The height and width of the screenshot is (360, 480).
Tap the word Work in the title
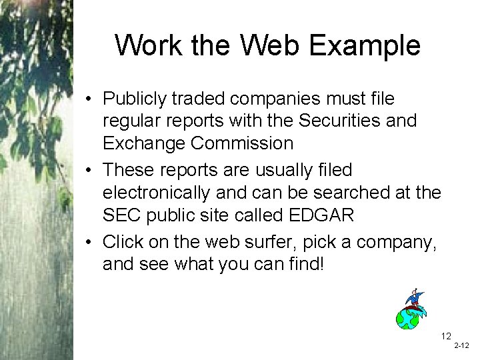click(148, 46)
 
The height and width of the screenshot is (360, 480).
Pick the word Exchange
click(143, 143)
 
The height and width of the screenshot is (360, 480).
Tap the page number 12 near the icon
click(445, 335)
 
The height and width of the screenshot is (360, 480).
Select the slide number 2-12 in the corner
click(461, 347)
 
